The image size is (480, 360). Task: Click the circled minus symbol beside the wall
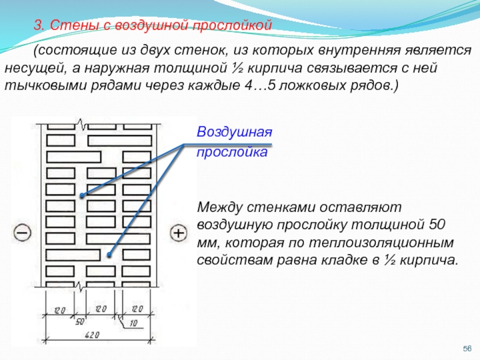coord(22,232)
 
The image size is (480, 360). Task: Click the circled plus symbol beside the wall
coord(178,232)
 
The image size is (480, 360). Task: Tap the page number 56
coord(467,349)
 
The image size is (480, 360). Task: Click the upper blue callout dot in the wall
coord(83,196)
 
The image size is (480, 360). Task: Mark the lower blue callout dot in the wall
coord(109,255)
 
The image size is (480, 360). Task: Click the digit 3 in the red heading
coord(37,26)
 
